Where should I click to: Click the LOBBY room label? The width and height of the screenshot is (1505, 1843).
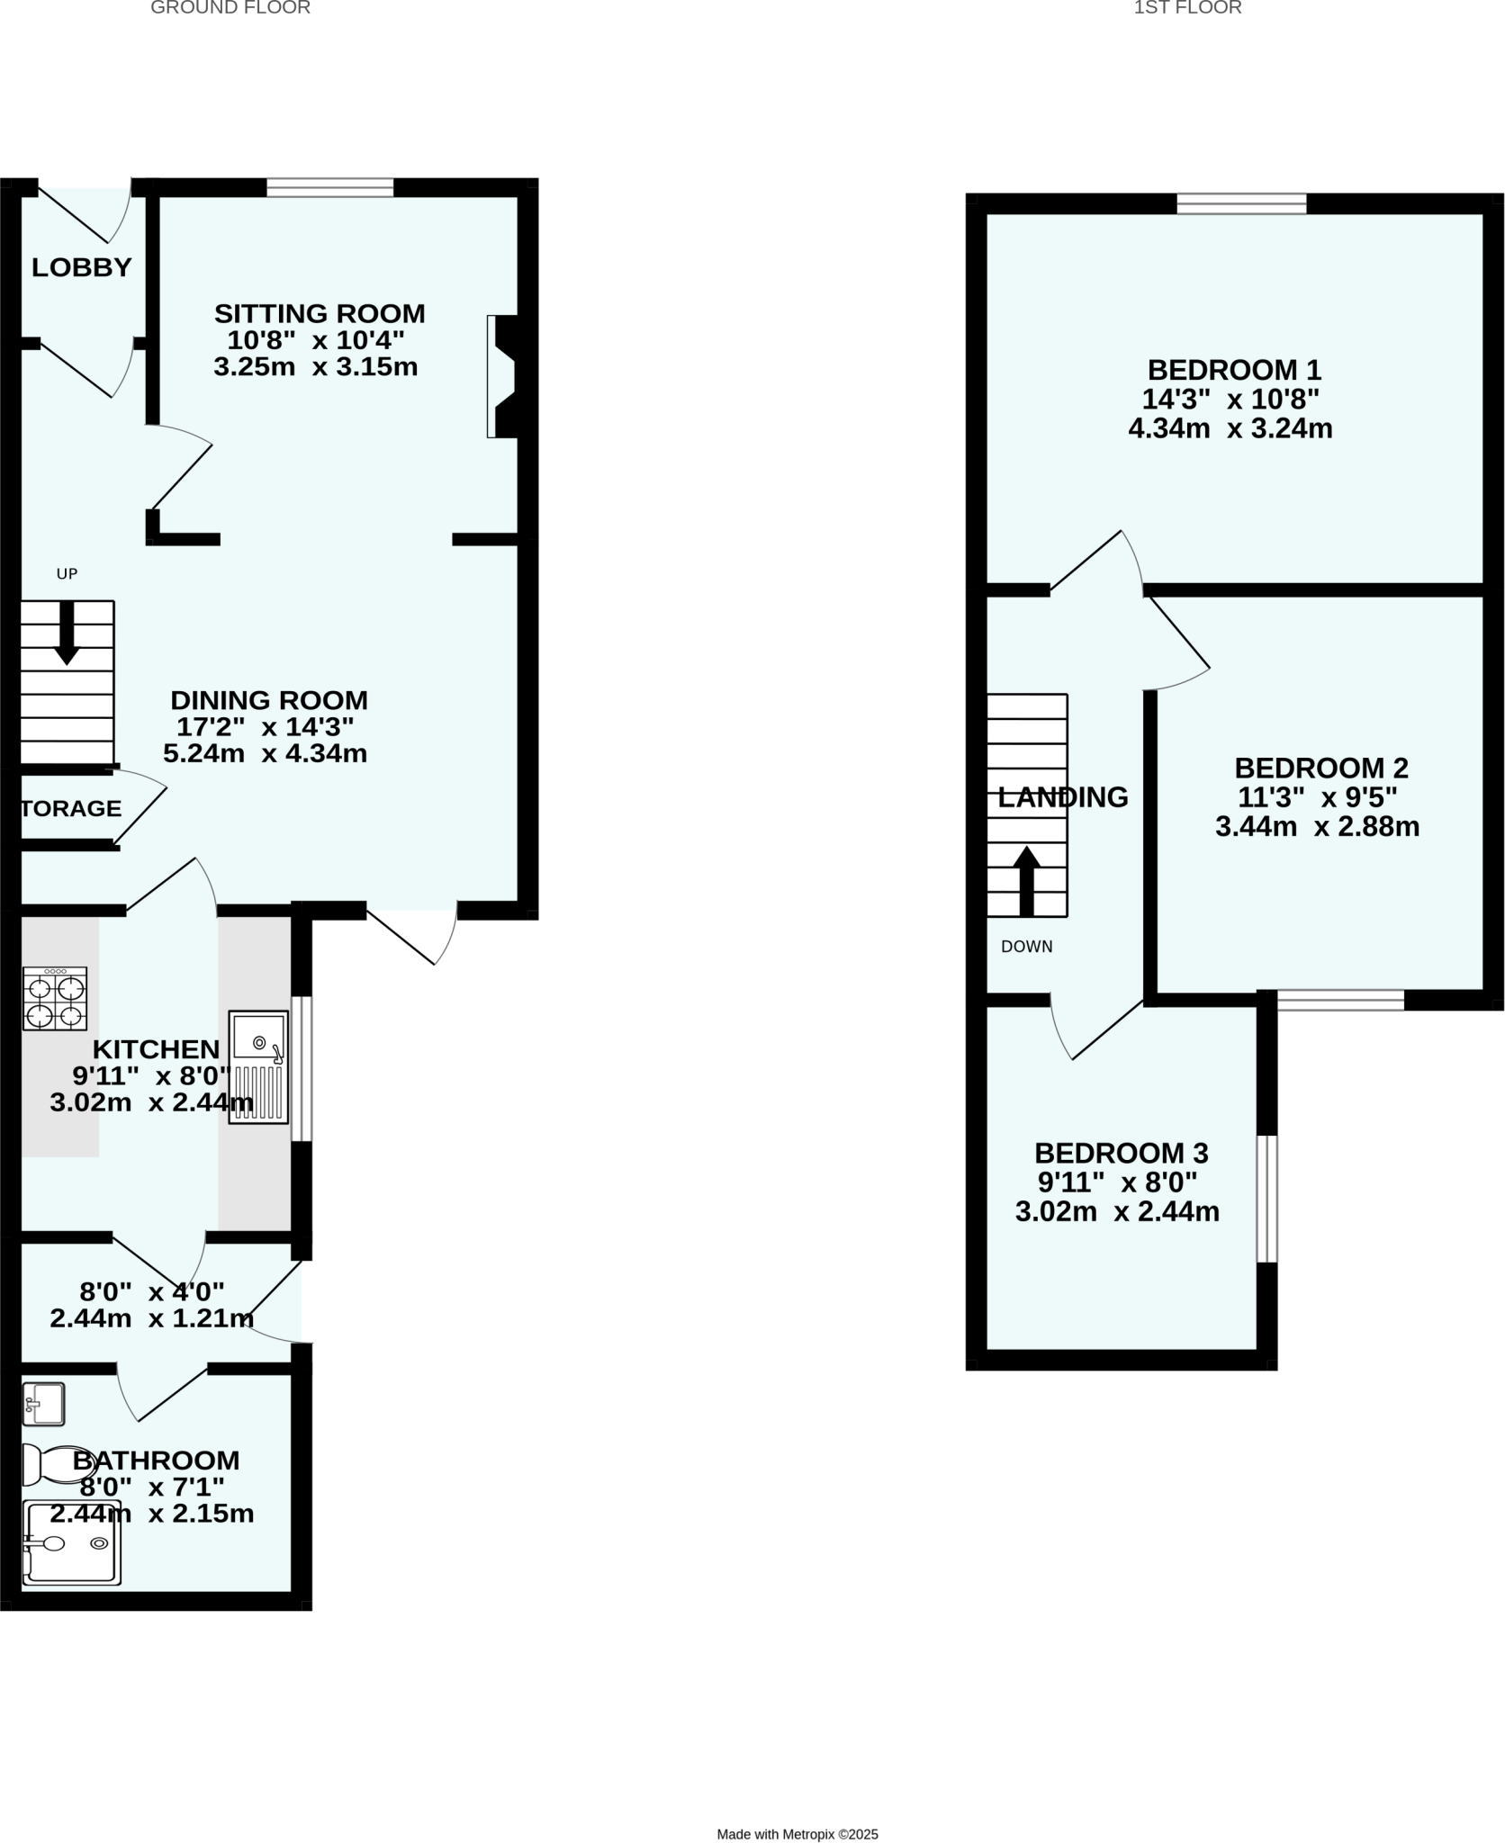(x=81, y=267)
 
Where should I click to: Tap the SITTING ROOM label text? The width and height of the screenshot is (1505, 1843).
(x=319, y=314)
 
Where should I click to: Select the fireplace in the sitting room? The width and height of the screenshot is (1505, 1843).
(x=502, y=376)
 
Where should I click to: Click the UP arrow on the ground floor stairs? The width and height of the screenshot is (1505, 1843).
(x=67, y=634)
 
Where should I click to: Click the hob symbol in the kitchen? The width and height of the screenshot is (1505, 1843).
(x=56, y=998)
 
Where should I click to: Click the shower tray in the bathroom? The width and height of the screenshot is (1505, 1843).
(x=71, y=1542)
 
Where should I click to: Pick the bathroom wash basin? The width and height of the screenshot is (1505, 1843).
(x=43, y=1404)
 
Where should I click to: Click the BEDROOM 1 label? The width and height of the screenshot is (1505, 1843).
(x=1233, y=370)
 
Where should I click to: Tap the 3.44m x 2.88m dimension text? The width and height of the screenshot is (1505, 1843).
(x=1317, y=826)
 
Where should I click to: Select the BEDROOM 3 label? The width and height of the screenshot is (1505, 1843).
(x=1121, y=1153)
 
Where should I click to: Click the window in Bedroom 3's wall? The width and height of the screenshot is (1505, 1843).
(x=1266, y=1199)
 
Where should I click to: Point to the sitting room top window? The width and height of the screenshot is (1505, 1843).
(x=330, y=187)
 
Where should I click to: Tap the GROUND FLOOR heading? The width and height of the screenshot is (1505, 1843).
(x=230, y=8)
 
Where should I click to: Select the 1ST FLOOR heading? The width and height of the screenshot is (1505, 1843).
(x=1187, y=8)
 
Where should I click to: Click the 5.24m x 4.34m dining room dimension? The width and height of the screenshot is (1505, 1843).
(x=265, y=753)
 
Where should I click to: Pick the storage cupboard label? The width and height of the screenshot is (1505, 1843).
(x=71, y=808)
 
